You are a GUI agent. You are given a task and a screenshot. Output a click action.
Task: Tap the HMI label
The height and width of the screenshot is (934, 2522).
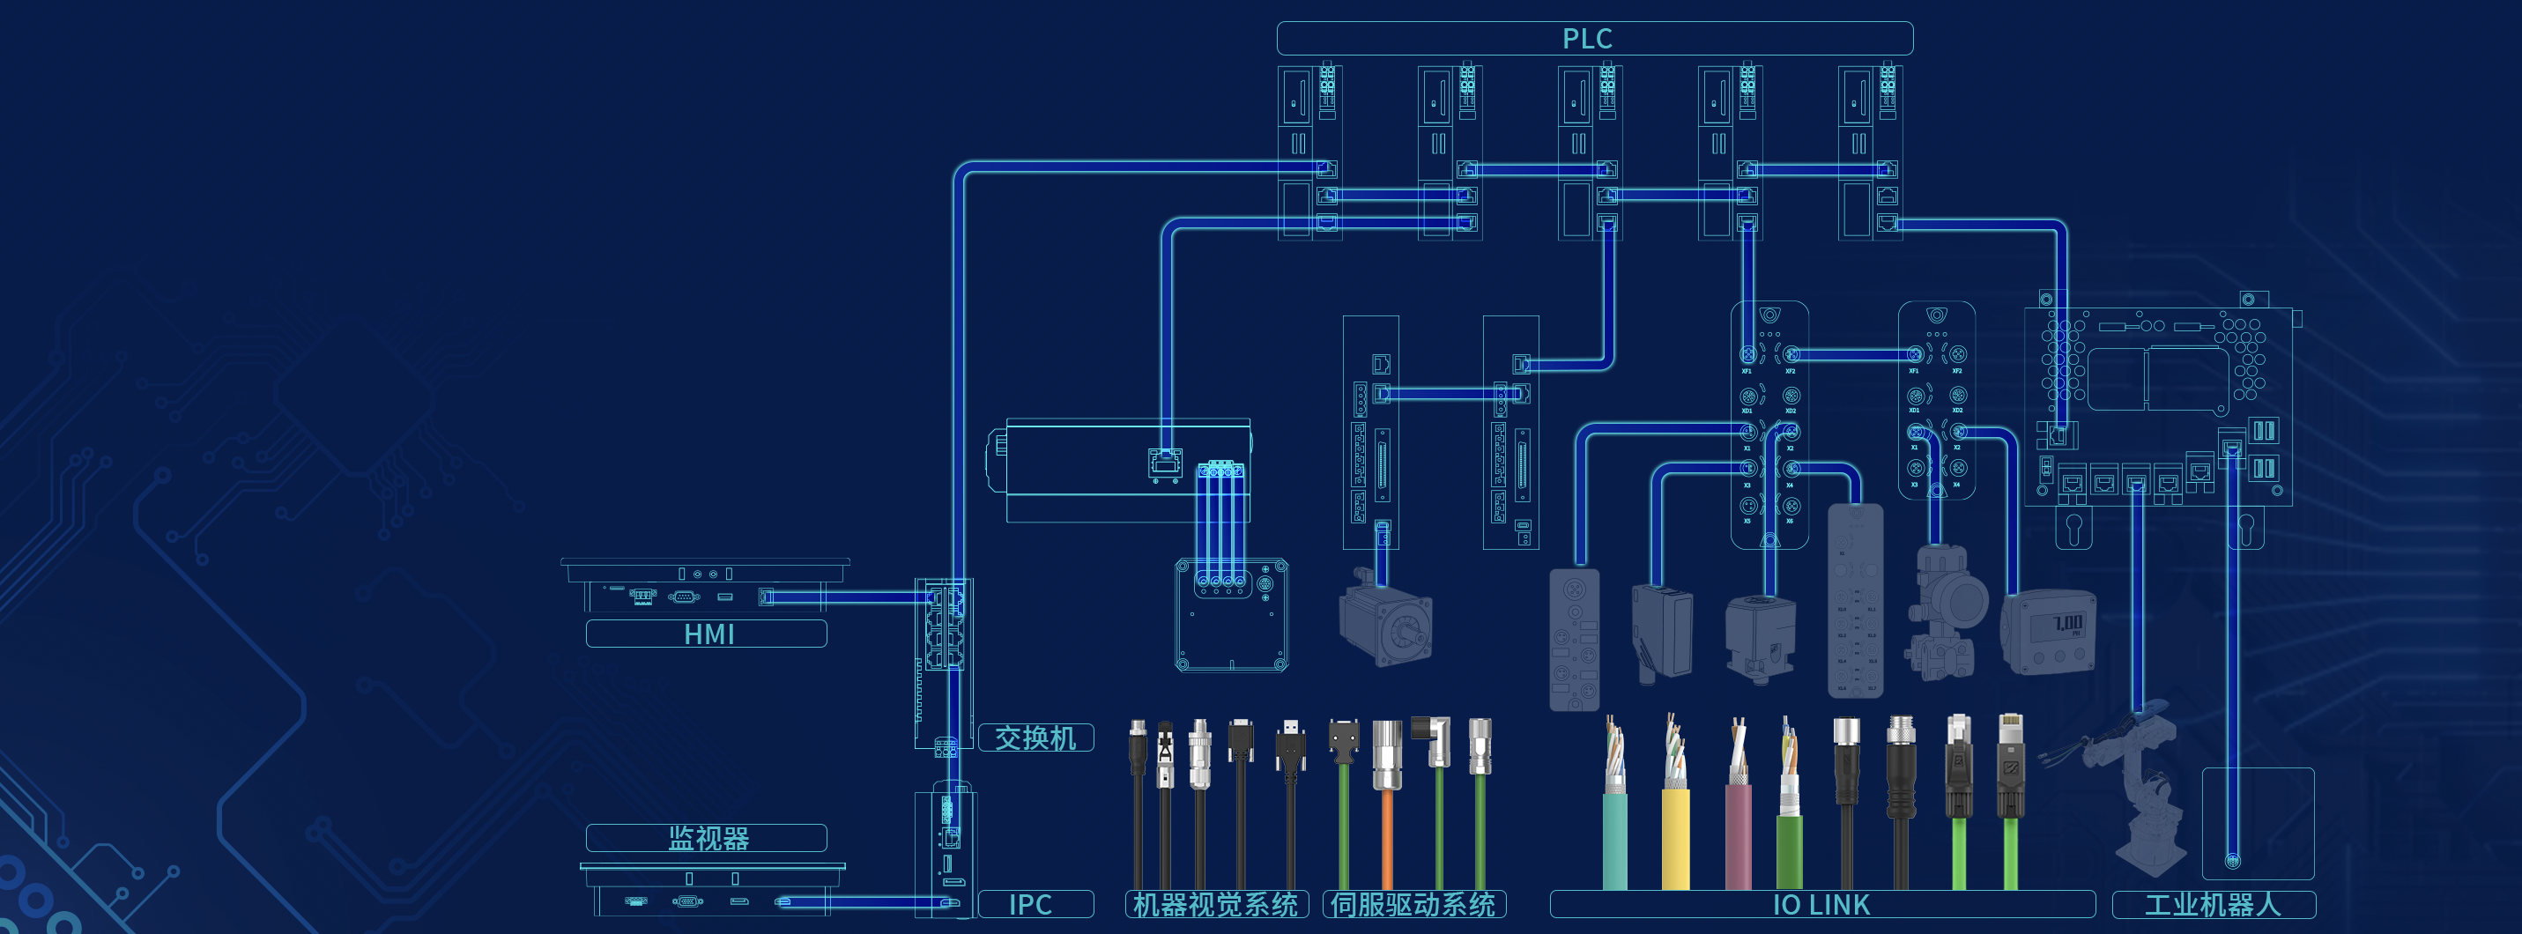point(707,634)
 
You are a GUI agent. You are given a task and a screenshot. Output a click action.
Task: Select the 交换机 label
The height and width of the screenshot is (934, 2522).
point(1035,738)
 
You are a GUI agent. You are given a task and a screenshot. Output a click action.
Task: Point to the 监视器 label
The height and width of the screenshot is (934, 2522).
point(707,838)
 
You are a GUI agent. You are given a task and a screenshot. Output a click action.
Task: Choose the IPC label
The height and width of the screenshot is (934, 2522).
point(1030,904)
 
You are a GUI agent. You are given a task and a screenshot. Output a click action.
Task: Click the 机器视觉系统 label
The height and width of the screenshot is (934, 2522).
point(1216,904)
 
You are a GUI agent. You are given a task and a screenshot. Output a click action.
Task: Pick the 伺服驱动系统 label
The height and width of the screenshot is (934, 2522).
point(1413,904)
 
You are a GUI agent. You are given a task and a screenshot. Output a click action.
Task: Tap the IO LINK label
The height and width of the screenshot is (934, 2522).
point(1821,904)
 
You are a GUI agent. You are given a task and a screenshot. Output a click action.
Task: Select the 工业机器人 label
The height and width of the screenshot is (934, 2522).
point(2213,904)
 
